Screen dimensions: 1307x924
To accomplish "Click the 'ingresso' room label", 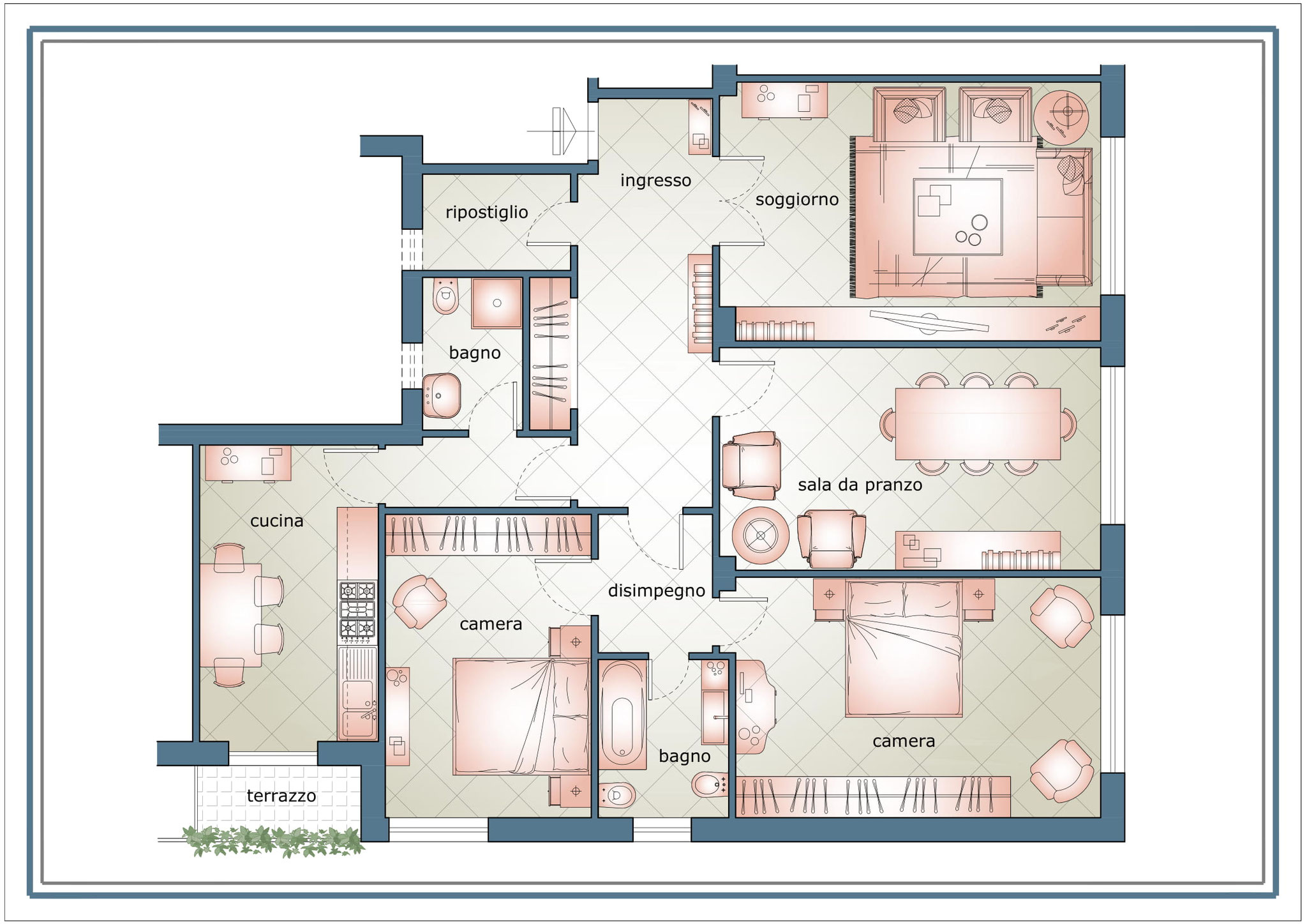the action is [x=655, y=181].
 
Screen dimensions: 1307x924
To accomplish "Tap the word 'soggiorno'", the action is [x=796, y=201].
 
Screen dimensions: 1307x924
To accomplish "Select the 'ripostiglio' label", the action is [x=486, y=213].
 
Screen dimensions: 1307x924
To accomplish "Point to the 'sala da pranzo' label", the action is [x=860, y=485].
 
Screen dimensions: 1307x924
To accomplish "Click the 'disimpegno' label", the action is [x=656, y=591].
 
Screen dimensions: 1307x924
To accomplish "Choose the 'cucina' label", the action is [x=276, y=521].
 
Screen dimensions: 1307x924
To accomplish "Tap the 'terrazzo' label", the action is [x=281, y=796].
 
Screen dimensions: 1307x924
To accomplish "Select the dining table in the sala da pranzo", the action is [x=978, y=423].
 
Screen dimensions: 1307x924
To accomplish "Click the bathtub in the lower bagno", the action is [x=622, y=714].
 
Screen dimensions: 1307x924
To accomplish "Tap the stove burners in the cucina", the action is [x=357, y=610].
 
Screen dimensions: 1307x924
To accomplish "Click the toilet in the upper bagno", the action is [x=445, y=296].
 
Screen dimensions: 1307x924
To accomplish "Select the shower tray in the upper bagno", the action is [x=497, y=303].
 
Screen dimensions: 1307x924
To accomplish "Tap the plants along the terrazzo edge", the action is [x=273, y=841].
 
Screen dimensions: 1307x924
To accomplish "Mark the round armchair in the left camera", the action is [x=419, y=602].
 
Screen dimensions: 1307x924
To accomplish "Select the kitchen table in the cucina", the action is [x=231, y=615].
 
